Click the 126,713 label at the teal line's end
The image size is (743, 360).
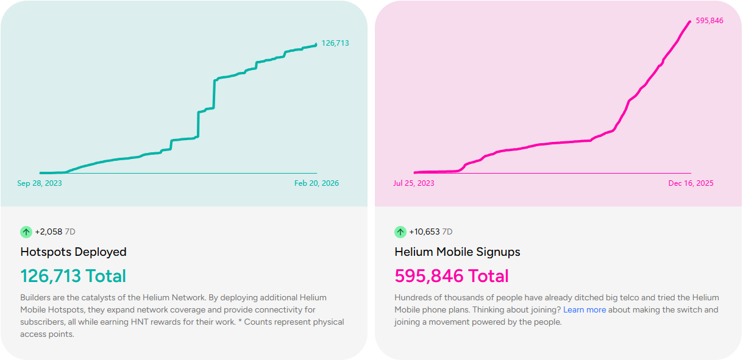point(335,43)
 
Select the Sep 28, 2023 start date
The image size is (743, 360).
point(40,183)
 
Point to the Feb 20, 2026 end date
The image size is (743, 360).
point(316,183)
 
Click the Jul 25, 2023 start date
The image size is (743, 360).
point(414,183)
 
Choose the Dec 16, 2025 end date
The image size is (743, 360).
point(691,183)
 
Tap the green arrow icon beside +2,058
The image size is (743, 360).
point(26,232)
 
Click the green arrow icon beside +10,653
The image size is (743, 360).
point(400,232)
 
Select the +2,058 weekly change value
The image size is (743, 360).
point(49,232)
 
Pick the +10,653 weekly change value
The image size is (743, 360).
point(424,232)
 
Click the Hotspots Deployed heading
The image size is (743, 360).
point(73,252)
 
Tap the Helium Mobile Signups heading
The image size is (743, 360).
point(457,252)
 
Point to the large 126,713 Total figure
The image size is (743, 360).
point(73,276)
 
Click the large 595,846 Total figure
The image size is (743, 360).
point(451,276)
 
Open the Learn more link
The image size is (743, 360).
point(585,310)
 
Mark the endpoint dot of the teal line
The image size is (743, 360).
point(316,44)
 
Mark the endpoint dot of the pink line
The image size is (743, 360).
point(690,22)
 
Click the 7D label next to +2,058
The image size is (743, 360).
point(70,232)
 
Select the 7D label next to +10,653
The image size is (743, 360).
point(447,232)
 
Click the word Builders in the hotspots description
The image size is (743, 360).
point(36,298)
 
